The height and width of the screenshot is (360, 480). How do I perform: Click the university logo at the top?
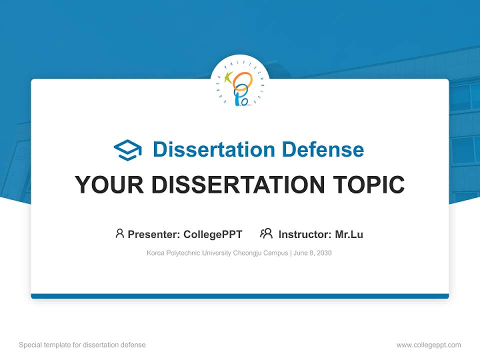click(240, 84)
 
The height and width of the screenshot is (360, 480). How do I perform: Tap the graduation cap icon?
click(127, 149)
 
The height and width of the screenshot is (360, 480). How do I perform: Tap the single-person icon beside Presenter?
click(119, 233)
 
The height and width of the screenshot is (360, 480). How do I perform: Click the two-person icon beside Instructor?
click(266, 233)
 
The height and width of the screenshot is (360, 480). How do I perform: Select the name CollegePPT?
click(212, 234)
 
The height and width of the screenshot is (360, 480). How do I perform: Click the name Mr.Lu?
click(349, 234)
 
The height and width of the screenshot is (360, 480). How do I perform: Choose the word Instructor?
click(304, 234)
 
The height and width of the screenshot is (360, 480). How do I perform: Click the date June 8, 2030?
click(312, 253)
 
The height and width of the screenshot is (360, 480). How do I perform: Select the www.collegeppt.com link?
click(428, 345)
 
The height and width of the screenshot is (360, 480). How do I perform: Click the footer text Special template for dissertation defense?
click(82, 345)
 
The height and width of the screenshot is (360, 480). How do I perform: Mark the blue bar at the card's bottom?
click(240, 296)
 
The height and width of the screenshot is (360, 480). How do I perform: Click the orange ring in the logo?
click(243, 81)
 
